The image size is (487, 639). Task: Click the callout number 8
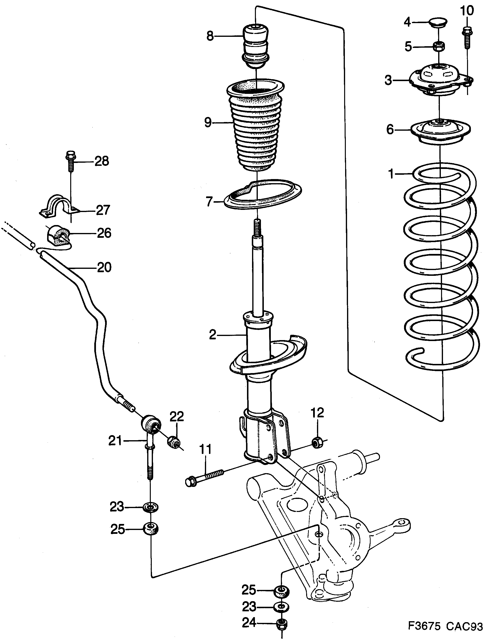click(x=210, y=36)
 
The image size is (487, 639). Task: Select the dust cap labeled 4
click(x=438, y=22)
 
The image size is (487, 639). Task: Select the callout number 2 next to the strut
click(x=213, y=335)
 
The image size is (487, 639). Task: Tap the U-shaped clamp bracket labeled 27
click(x=59, y=206)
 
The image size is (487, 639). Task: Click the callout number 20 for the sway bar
click(x=104, y=267)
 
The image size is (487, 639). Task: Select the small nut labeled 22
click(x=174, y=442)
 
